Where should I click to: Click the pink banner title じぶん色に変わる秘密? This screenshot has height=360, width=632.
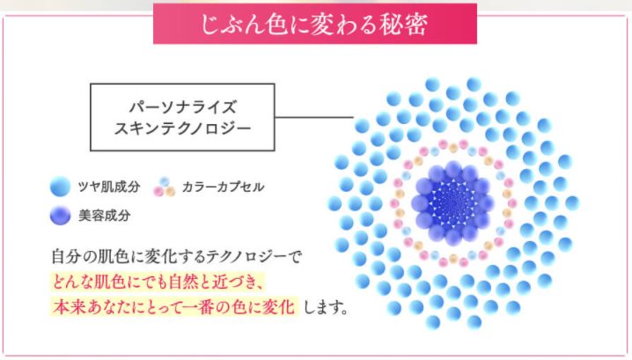314,24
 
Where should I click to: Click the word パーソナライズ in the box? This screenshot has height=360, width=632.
182,107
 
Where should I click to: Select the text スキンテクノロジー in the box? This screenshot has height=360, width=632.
182,129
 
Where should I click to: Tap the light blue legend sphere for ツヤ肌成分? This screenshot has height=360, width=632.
60,187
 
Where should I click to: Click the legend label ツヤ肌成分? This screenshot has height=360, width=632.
109,187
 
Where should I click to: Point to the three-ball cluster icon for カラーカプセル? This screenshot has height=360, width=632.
164,187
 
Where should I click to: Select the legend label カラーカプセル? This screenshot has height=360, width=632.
223,187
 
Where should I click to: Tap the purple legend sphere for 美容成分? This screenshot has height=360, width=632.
61,216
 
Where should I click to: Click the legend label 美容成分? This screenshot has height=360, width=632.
104,216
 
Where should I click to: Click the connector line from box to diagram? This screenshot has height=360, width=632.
314,117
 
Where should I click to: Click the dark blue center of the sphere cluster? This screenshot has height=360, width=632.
452,202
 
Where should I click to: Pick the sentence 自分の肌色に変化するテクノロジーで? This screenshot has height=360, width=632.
177,257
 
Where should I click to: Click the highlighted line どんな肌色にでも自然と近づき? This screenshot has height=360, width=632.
158,282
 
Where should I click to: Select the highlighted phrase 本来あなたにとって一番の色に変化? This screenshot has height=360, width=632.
173,307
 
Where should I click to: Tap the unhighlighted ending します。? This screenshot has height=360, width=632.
326,307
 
